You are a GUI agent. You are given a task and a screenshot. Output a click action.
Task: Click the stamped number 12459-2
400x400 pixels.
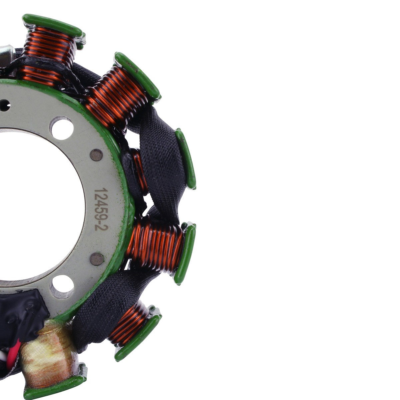pos(101,210)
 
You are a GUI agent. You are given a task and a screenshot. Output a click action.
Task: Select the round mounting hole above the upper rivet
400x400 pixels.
pos(62,128)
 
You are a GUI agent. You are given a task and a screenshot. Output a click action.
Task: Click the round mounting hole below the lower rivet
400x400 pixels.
pos(62,287)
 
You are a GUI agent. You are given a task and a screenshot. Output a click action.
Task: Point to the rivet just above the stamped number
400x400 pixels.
pos(97,155)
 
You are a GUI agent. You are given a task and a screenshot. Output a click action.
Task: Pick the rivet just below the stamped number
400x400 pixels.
pos(97,259)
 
